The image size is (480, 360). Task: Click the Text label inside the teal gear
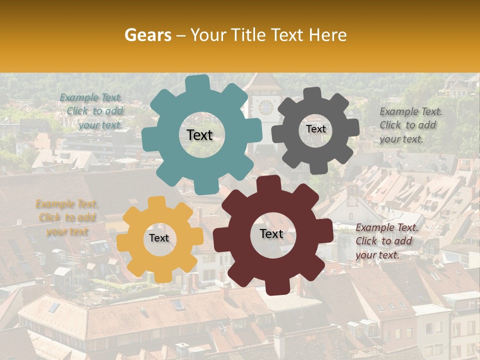[x=199, y=135]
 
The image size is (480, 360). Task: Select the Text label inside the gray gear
[x=315, y=129]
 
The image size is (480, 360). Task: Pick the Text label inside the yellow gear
[x=159, y=238]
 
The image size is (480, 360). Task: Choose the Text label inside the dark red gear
[x=271, y=234]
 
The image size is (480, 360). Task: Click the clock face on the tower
[x=265, y=106]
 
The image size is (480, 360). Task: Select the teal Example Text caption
[x=92, y=111]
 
